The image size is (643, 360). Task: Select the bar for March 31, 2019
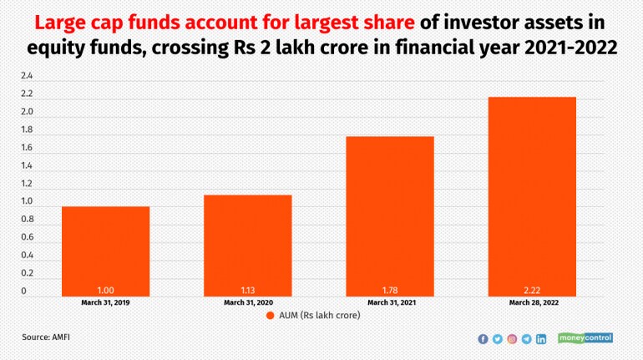tap(105, 251)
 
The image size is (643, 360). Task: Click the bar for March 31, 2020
tap(248, 246)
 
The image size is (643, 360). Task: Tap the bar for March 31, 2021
tap(390, 216)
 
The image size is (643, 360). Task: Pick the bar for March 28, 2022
tap(532, 197)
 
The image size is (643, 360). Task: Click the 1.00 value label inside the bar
tap(105, 291)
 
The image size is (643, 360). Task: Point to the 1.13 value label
tap(248, 291)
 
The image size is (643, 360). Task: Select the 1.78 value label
tap(390, 291)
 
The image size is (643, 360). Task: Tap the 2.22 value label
tap(532, 291)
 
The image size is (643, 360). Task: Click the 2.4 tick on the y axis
tap(27, 76)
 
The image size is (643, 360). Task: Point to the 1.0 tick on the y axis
tap(27, 201)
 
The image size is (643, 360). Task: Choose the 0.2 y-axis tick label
tap(27, 273)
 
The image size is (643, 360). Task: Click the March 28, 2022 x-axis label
tap(534, 302)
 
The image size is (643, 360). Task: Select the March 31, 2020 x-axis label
tap(248, 302)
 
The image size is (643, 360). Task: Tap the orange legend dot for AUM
tap(270, 315)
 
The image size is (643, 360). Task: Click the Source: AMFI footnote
tap(46, 337)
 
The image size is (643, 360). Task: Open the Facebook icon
tap(483, 338)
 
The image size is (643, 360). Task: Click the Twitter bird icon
tap(498, 338)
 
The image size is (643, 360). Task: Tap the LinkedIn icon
tap(541, 338)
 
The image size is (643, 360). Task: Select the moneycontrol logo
tap(585, 337)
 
